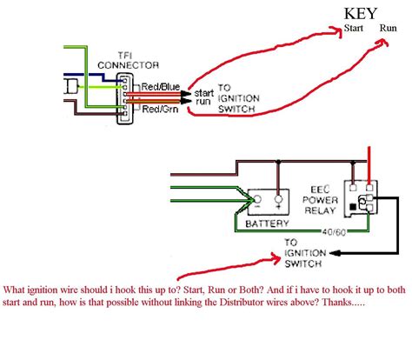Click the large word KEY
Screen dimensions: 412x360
click(361, 14)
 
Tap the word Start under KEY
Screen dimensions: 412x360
click(354, 28)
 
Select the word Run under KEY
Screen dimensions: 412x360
click(388, 28)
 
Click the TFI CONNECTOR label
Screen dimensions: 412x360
click(128, 60)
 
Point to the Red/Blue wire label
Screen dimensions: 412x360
click(161, 86)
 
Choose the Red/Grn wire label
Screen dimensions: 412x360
click(160, 109)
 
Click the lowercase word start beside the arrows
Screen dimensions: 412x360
click(204, 93)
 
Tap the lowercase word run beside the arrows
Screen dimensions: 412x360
click(203, 102)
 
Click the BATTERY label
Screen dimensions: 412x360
click(267, 223)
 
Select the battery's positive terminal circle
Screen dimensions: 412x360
click(278, 199)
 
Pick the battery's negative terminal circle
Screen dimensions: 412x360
click(257, 199)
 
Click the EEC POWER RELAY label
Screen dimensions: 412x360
click(320, 200)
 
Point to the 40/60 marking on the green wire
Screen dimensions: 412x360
click(334, 232)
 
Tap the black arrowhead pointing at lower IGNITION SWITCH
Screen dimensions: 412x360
click(335, 253)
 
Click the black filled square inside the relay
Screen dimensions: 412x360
click(353, 207)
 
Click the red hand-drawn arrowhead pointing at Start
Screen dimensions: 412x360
click(337, 31)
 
